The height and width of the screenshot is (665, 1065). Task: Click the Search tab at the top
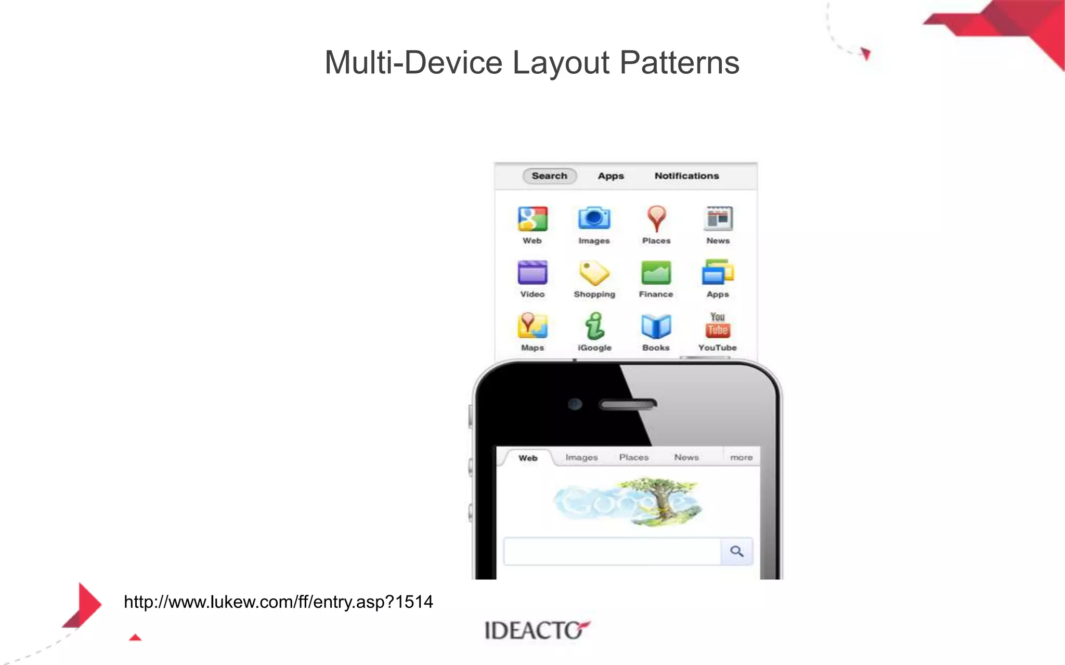coord(549,176)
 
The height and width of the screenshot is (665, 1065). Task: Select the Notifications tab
coord(686,176)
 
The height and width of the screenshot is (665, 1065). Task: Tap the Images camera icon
coord(594,218)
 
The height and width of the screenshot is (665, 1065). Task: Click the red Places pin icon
coord(656,218)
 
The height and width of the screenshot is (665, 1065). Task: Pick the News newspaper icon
coord(718,219)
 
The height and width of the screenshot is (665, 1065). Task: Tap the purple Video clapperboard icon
coord(532,273)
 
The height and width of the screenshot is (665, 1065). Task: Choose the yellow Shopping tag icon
coord(594,273)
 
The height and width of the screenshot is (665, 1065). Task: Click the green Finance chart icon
coord(656,273)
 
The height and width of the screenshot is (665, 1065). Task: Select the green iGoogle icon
coord(594,326)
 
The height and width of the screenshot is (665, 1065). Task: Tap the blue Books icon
coord(656,326)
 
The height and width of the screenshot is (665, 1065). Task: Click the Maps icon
coord(532,326)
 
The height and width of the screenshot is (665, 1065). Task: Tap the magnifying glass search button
coord(736,551)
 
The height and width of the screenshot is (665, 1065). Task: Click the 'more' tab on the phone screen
coord(741,458)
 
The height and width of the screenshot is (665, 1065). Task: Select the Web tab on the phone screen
coord(528,458)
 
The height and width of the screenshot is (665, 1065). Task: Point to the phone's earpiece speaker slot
coord(628,404)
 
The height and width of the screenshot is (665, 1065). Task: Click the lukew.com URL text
coord(278,602)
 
